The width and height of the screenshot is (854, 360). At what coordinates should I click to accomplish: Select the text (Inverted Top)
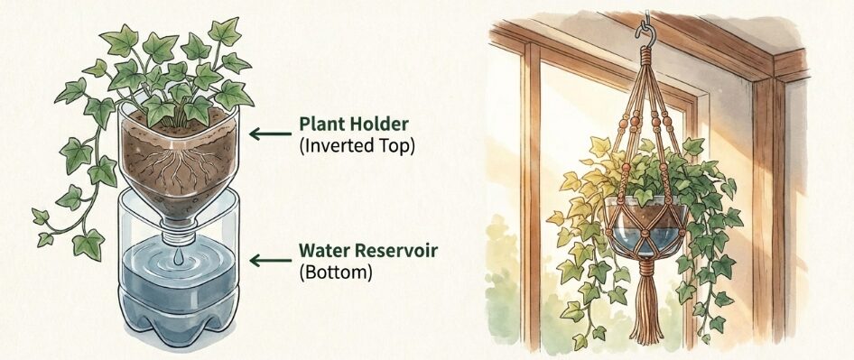357,146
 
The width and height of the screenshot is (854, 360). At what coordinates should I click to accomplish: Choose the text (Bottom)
336,272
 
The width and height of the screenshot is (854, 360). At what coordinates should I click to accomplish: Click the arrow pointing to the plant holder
270,134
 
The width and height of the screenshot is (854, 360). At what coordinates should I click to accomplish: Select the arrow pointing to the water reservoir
270,261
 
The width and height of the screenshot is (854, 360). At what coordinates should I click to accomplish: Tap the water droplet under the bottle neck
178,258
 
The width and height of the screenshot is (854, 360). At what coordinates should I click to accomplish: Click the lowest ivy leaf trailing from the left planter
88,244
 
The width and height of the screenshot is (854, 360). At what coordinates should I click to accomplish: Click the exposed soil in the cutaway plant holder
177,163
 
